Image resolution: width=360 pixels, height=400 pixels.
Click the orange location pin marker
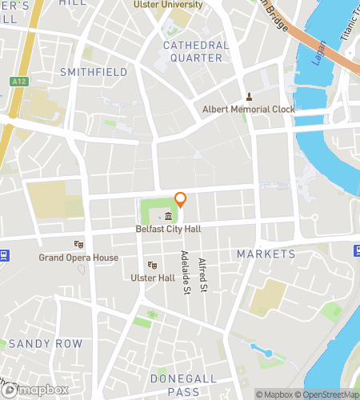click(181, 199)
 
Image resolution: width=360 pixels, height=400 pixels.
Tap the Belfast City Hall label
click(169, 229)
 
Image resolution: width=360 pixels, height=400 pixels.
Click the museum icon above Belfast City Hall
click(169, 218)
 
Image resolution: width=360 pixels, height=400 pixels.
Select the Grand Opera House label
click(78, 258)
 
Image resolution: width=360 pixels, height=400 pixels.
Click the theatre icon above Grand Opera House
click(78, 245)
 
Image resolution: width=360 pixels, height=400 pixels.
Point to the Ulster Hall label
click(152, 278)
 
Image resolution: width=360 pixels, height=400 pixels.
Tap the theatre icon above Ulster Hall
click(151, 266)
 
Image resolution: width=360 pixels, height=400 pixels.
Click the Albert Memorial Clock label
click(248, 109)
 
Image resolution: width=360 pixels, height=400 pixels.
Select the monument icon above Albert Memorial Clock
click(248, 97)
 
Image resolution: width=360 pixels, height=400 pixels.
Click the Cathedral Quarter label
click(196, 51)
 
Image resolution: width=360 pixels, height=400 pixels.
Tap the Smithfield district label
click(94, 72)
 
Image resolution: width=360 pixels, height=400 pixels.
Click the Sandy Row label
click(46, 344)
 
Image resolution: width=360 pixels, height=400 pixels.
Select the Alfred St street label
click(204, 274)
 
